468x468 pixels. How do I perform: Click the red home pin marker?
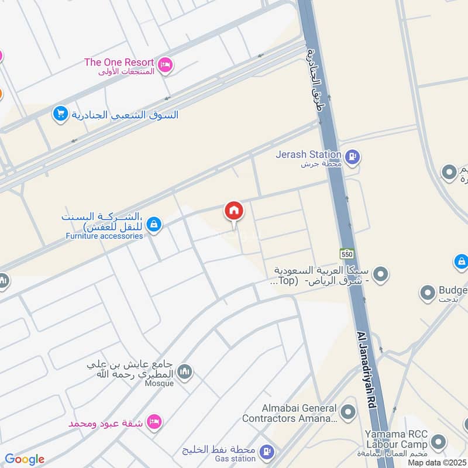click(x=234, y=211)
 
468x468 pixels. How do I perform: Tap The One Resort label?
click(x=119, y=62)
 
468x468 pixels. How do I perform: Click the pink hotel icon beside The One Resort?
click(x=165, y=66)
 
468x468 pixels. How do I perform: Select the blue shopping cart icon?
click(x=60, y=114)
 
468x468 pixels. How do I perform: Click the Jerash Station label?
click(x=309, y=154)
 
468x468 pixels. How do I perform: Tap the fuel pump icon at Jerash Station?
click(x=352, y=157)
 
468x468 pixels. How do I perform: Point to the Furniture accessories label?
click(x=104, y=236)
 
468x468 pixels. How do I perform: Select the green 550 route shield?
click(x=347, y=253)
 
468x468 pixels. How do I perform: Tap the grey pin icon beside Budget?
click(x=428, y=291)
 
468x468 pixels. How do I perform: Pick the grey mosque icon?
click(x=184, y=372)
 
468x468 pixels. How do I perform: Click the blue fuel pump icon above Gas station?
click(x=266, y=452)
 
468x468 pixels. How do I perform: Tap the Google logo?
click(x=25, y=459)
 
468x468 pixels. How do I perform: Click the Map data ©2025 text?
click(x=436, y=462)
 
